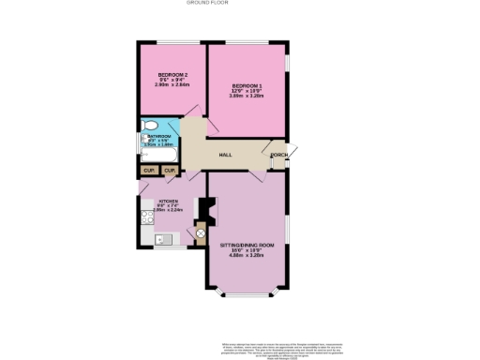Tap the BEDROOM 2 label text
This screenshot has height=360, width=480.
tap(173, 74)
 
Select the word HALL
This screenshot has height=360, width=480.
tap(226, 155)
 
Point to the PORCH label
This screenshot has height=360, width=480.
tap(278, 155)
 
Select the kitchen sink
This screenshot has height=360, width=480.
tap(162, 240)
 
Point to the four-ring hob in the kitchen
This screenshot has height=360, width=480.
tap(147, 219)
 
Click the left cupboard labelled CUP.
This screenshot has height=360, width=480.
tap(149, 171)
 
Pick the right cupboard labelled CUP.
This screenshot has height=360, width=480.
tap(169, 171)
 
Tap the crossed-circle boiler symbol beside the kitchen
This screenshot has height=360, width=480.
tap(200, 233)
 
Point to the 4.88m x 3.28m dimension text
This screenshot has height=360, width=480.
tap(244, 255)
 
